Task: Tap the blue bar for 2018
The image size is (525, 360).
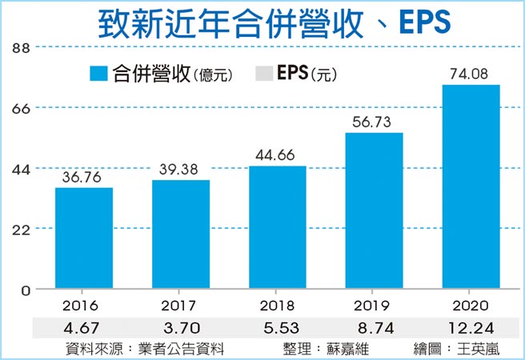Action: click(x=278, y=227)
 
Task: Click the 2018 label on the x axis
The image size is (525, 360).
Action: click(x=278, y=305)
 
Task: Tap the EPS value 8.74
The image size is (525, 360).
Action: click(x=374, y=327)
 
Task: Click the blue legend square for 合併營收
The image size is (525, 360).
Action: click(x=98, y=74)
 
